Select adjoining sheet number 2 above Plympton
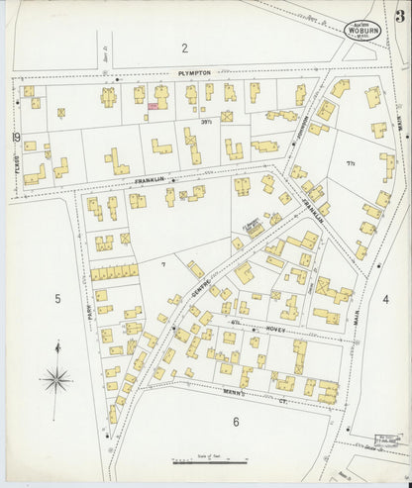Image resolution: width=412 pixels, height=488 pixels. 183,48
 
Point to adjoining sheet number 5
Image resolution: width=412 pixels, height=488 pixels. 57,298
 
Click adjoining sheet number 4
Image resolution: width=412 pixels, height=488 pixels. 385,298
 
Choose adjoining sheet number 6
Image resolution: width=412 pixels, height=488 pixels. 236,422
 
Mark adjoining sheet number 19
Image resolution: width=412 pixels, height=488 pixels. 16,137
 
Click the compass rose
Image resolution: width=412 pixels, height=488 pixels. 57,377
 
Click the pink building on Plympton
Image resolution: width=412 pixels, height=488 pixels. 154,104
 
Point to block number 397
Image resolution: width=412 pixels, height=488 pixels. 206,121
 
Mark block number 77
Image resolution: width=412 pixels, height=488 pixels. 350,159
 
